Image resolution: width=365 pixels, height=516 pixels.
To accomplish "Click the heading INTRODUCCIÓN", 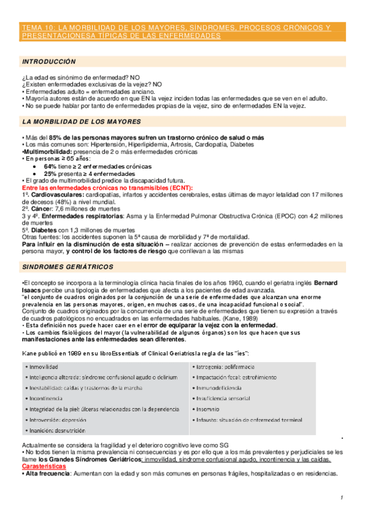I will coord(49,61).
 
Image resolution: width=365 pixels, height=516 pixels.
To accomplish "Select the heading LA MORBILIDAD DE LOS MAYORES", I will coord(81,122).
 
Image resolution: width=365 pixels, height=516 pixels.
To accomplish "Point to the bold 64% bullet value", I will coord(50,166).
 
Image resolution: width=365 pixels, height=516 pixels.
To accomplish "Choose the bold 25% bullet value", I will coord(50,173).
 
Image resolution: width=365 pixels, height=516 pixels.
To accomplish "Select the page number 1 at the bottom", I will coord(342,498).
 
